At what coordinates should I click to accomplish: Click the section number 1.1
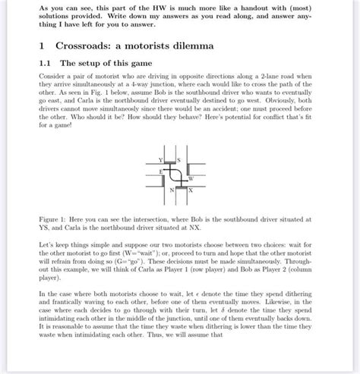point(46,64)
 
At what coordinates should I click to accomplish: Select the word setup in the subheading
point(96,64)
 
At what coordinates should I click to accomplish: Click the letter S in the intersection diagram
point(178,159)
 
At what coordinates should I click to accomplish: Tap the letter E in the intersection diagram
point(160,172)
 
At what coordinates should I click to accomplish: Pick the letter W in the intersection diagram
point(190,178)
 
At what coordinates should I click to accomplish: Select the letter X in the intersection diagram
point(190,190)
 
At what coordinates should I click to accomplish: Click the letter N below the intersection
point(172,190)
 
